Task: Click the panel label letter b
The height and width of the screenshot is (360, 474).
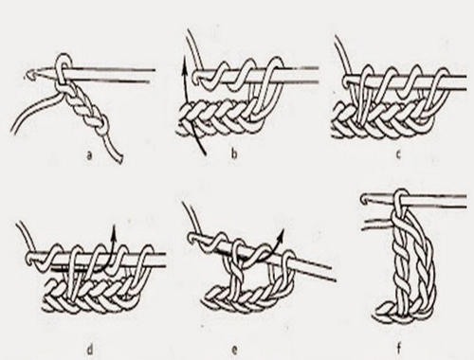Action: click(234, 154)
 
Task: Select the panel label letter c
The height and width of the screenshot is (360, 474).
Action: click(398, 154)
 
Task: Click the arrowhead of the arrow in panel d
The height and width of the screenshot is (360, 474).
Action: click(114, 228)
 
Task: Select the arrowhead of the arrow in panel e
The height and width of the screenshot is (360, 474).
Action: click(282, 233)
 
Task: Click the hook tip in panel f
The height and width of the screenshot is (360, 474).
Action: click(365, 199)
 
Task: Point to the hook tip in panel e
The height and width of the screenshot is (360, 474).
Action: click(192, 238)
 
